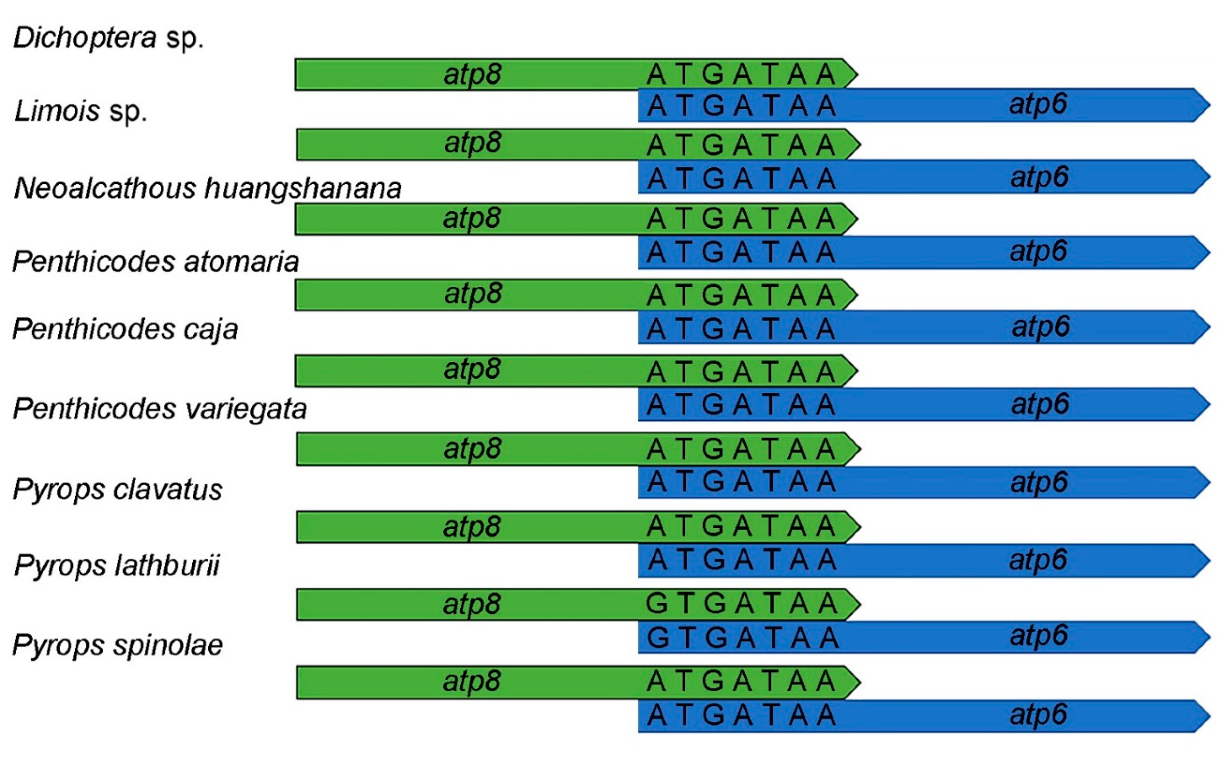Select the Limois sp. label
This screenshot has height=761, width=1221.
pos(81,111)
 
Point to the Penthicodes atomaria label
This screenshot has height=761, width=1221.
pos(155,262)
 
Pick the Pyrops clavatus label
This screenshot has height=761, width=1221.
pos(118,489)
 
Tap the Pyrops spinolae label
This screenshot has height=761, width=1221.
pos(118,645)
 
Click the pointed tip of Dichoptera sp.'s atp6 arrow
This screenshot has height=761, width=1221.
pos(1208,105)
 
